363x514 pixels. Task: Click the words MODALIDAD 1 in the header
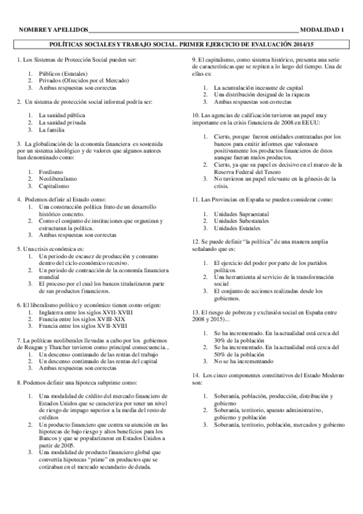(x=322, y=30)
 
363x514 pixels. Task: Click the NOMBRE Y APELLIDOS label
(x=53, y=30)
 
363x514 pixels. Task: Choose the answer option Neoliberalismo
(x=58, y=180)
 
